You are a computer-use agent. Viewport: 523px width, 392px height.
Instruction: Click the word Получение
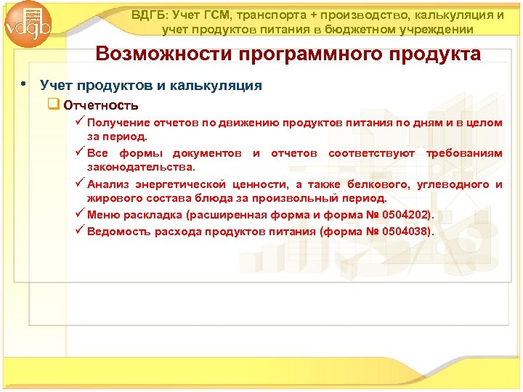(119, 123)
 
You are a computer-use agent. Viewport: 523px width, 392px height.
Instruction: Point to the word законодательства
(141, 166)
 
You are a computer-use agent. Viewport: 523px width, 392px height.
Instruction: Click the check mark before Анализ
(79, 184)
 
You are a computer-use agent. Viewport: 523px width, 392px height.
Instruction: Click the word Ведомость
(118, 232)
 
